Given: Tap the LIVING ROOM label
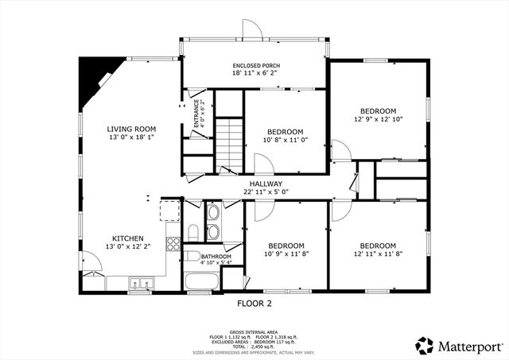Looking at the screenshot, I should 131,129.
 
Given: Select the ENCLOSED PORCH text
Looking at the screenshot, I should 255,65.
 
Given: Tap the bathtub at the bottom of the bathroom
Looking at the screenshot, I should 202,281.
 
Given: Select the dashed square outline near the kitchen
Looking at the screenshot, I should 169,211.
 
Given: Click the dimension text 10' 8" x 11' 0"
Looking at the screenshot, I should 285,141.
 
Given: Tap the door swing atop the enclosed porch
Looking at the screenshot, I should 252,27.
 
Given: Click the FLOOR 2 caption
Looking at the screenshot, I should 254,304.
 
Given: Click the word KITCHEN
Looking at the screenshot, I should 127,238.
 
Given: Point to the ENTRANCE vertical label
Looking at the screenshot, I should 196,113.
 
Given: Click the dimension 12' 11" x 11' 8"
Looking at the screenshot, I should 378,254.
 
